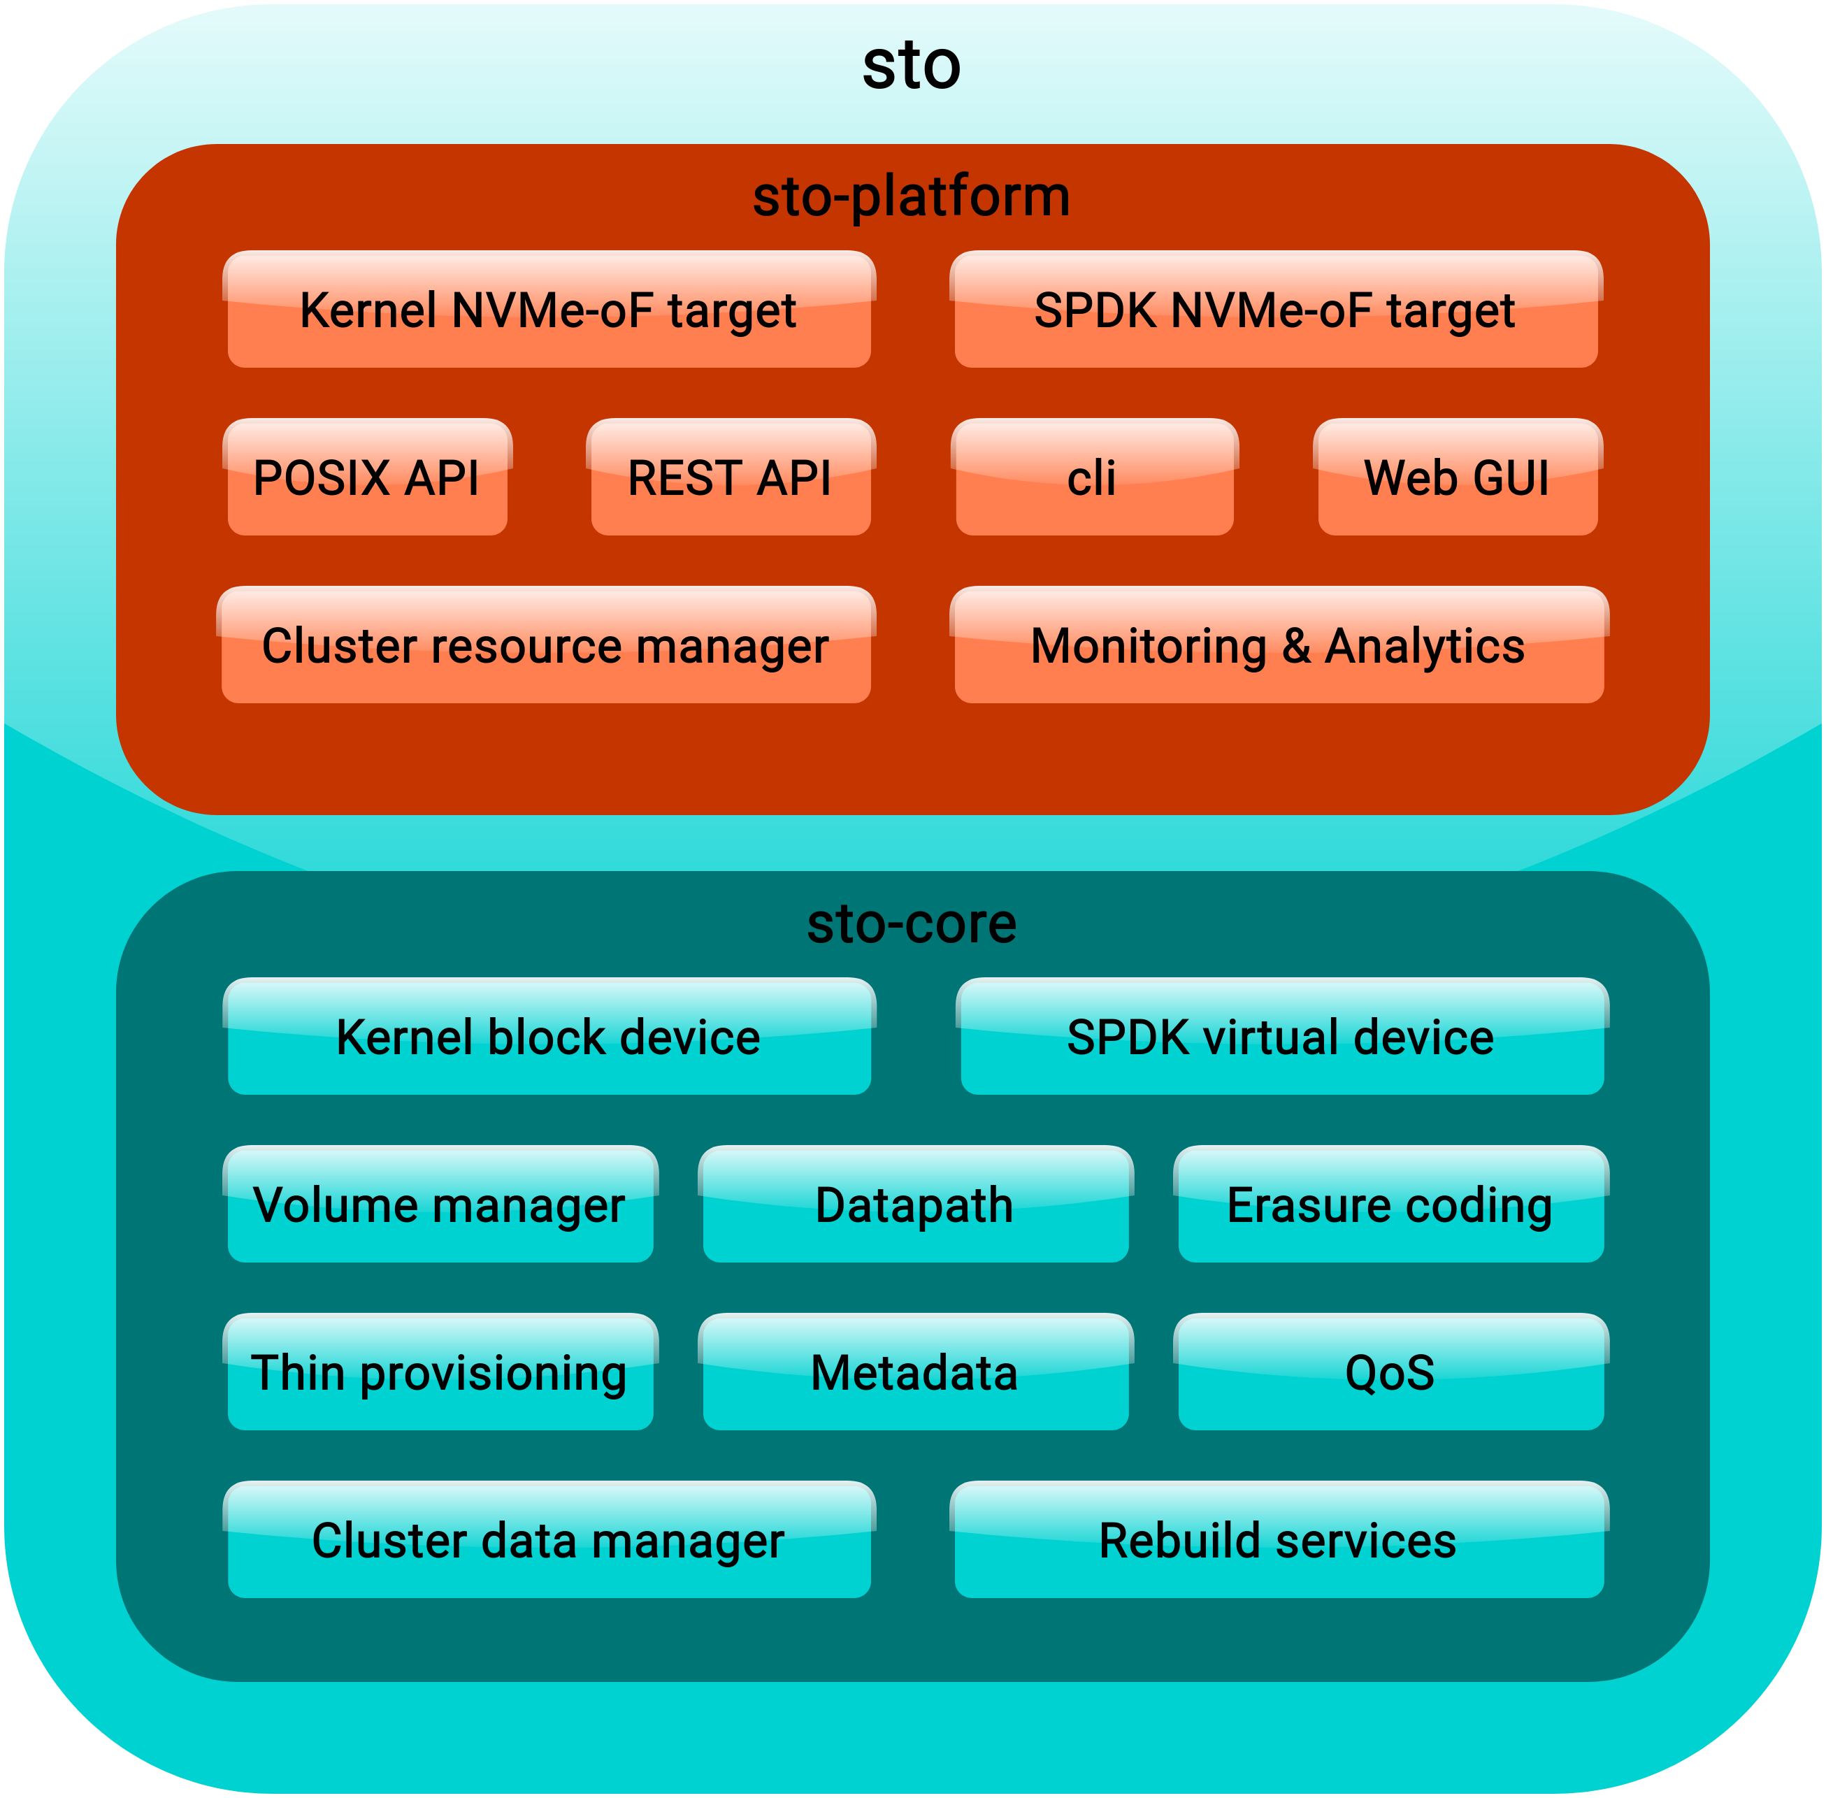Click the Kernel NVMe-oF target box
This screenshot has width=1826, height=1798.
pos(549,310)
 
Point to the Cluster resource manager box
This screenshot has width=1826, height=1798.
pos(546,645)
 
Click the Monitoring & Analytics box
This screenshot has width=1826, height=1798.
pos(1279,645)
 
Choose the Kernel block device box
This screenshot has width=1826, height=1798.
pos(549,1037)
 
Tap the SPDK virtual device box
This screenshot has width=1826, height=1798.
pos(1281,1037)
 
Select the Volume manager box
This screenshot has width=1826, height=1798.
pos(440,1205)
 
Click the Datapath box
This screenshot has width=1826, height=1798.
pos(915,1205)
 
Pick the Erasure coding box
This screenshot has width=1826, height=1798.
pos(1390,1205)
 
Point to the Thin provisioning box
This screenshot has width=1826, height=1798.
pos(440,1372)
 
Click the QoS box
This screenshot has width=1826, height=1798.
pos(1390,1372)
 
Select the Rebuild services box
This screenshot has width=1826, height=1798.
pos(1279,1540)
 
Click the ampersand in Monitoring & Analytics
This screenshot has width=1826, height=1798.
pos(1296,646)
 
